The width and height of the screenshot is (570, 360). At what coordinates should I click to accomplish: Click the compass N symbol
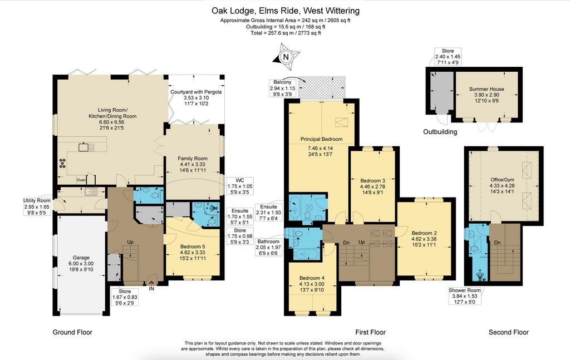pos(286,57)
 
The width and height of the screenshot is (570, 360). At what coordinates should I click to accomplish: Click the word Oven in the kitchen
pos(81,180)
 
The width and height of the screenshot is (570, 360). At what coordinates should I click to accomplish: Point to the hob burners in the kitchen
pos(62,163)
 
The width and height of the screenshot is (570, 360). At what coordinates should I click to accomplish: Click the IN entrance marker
pos(151,289)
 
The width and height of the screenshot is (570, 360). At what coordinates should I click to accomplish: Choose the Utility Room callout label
pos(37,206)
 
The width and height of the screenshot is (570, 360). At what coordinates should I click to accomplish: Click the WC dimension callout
pos(239,186)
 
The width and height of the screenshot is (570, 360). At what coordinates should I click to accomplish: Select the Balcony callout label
pos(282,88)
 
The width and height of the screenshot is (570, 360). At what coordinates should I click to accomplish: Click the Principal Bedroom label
pos(321,139)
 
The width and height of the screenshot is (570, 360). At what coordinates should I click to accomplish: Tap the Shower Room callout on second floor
pos(465,295)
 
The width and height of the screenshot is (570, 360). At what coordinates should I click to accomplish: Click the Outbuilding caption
pos(440,132)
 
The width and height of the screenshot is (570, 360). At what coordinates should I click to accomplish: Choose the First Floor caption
pos(370,332)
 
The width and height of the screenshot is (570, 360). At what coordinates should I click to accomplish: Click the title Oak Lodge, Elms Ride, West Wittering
pos(286,11)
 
